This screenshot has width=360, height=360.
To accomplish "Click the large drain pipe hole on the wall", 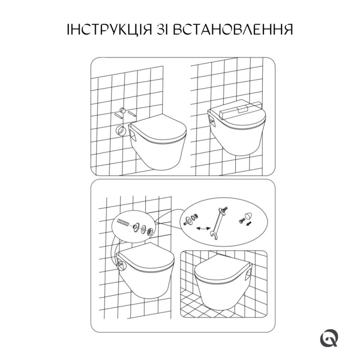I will pyautogui.click(x=121, y=131).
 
